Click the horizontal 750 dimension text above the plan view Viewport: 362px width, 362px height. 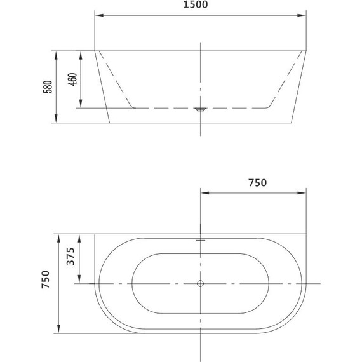coord(256,183)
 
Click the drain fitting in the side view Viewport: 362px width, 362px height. coord(201,109)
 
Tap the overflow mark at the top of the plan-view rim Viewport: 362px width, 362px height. coord(201,241)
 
